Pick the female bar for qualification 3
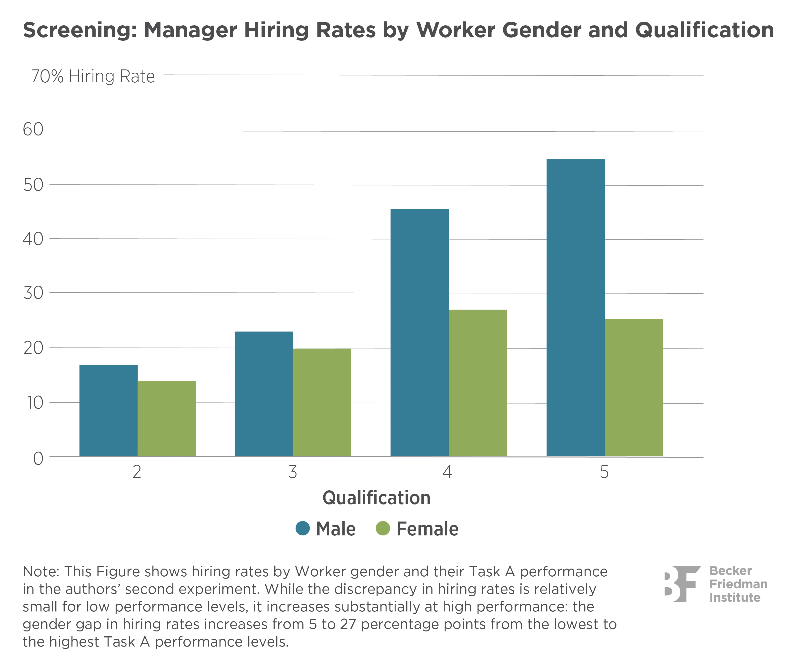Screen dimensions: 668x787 322,402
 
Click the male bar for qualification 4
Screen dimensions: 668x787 420,332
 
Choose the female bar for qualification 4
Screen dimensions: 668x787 478,382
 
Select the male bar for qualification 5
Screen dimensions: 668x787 576,307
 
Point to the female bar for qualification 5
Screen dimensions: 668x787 634,387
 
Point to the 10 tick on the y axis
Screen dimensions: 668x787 34,403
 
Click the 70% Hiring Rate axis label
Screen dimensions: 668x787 93,77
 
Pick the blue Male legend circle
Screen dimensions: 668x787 302,529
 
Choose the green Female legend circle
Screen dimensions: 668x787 382,529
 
